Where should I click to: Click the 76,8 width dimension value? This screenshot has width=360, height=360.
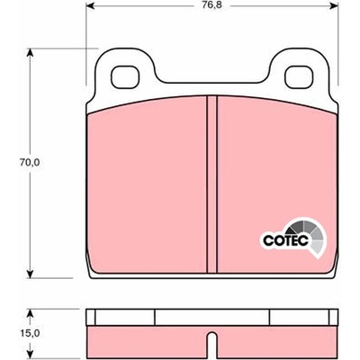click(212, 5)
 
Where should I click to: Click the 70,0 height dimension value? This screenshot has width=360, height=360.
click(29, 163)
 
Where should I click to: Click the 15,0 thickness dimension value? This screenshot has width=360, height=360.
click(30, 333)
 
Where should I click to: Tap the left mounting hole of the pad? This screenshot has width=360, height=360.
click(125, 76)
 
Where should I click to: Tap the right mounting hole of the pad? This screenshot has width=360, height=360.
click(299, 76)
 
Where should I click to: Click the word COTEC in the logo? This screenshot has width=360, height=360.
click(285, 240)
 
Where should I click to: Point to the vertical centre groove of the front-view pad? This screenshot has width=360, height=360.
click(211, 184)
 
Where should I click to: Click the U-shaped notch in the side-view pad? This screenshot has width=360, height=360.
click(211, 341)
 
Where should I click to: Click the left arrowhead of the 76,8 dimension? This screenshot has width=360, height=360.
click(91, 5)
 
